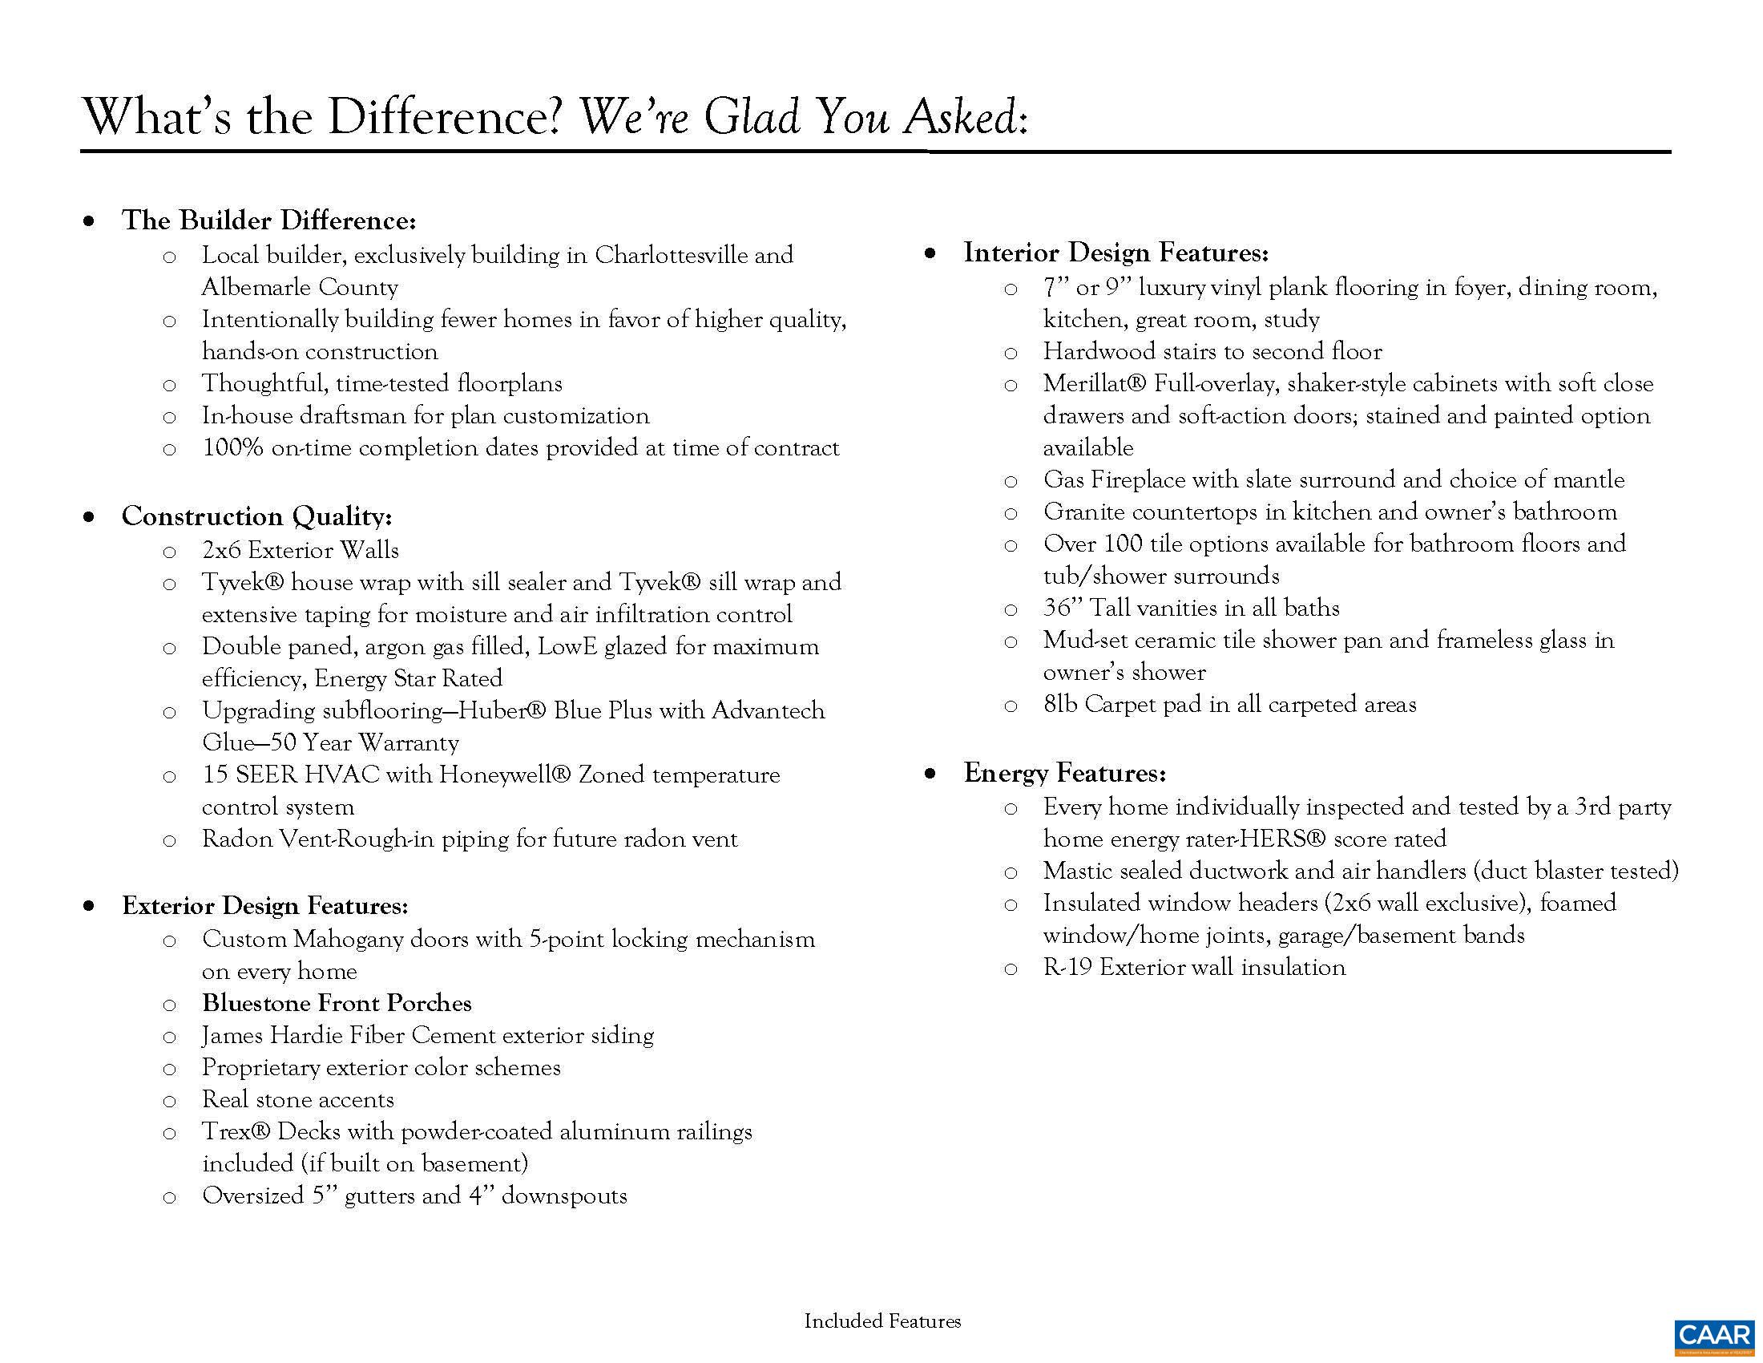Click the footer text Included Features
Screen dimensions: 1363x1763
(882, 1322)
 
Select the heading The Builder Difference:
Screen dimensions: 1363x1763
(268, 220)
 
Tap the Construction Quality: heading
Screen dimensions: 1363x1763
(256, 516)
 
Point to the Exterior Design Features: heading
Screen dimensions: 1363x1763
(264, 906)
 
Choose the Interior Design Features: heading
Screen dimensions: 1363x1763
(1115, 253)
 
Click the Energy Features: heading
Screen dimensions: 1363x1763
(1065, 774)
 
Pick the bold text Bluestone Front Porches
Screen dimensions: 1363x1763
(337, 1004)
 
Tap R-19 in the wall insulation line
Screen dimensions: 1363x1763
(1067, 968)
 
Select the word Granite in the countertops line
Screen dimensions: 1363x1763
(1083, 512)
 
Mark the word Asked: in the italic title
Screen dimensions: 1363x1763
(966, 117)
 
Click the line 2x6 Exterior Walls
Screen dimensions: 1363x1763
(301, 551)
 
